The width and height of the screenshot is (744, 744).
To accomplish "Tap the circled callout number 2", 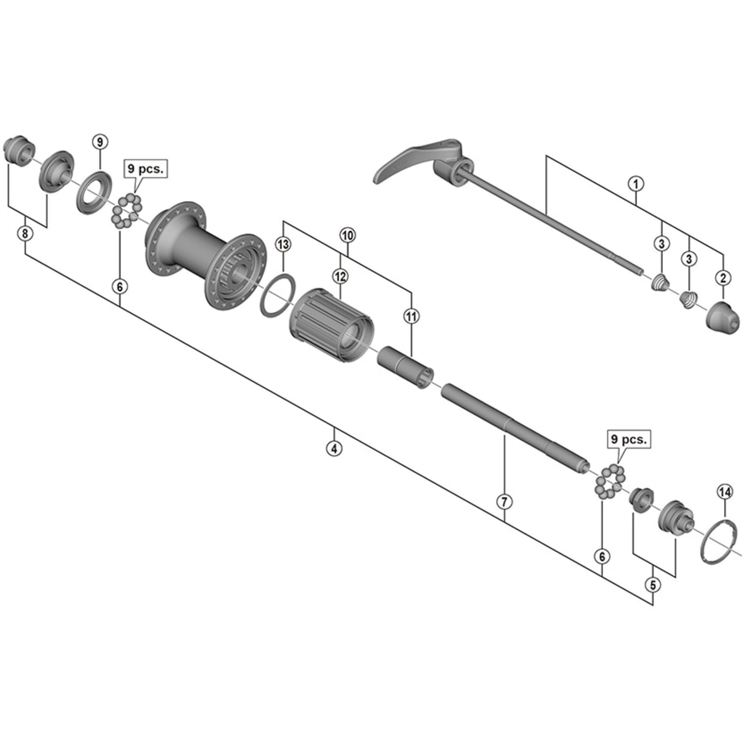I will pyautogui.click(x=722, y=278).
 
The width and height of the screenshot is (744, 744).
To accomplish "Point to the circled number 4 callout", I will pyautogui.click(x=334, y=448).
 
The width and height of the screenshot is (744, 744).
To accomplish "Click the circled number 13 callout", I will pyautogui.click(x=283, y=244).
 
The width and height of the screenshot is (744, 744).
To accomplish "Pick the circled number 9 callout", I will pyautogui.click(x=100, y=142).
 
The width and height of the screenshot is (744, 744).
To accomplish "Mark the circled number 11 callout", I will pyautogui.click(x=411, y=317).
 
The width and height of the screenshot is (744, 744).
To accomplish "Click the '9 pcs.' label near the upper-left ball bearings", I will pyautogui.click(x=145, y=169).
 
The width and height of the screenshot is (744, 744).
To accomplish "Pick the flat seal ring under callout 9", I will pyautogui.click(x=94, y=193).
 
